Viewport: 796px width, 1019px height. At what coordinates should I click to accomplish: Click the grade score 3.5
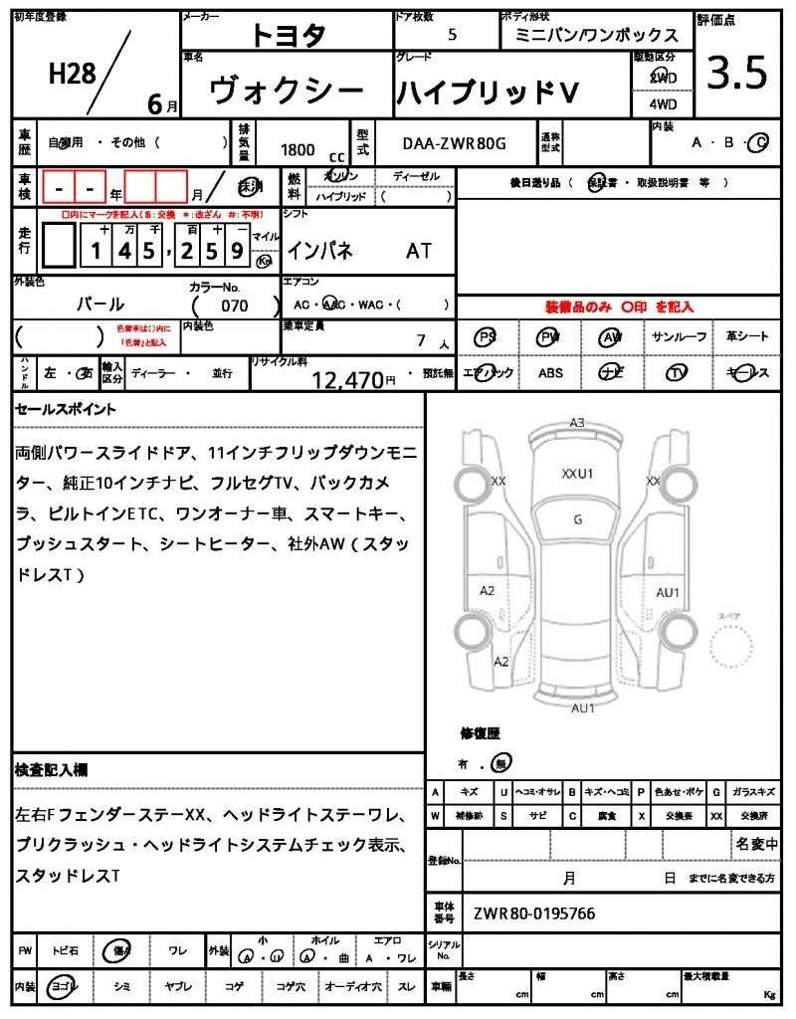(737, 74)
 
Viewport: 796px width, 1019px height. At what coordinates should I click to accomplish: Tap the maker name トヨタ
(288, 35)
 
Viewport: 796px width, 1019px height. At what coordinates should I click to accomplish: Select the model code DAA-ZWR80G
(454, 143)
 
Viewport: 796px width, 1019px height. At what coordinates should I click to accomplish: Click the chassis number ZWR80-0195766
(534, 913)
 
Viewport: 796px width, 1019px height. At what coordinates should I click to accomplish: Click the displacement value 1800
(298, 149)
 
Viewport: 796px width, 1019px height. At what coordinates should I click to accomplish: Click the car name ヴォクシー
(287, 92)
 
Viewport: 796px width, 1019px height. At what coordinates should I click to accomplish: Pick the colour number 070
(235, 306)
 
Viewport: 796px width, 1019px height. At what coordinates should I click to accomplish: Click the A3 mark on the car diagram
(577, 423)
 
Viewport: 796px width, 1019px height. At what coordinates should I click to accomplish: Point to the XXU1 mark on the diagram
(577, 474)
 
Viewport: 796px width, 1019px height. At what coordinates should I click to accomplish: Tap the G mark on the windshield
(577, 518)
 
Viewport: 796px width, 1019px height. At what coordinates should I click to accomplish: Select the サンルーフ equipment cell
(680, 337)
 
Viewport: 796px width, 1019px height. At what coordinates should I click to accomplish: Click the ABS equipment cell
(550, 373)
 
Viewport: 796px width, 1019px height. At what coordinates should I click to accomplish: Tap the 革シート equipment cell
(747, 337)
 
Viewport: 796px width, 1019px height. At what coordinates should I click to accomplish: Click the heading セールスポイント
(66, 409)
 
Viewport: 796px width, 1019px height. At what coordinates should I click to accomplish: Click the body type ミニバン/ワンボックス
(597, 35)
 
